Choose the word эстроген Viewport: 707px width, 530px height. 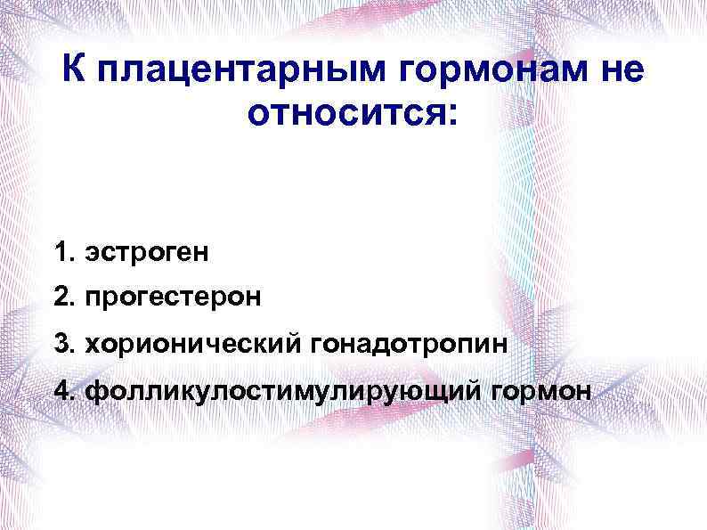[x=147, y=253]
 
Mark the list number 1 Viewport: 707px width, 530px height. [x=61, y=252]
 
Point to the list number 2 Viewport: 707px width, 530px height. [x=61, y=297]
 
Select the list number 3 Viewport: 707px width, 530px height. [x=61, y=343]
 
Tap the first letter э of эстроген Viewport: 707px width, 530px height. [x=91, y=254]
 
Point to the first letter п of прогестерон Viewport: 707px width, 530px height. [x=92, y=298]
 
